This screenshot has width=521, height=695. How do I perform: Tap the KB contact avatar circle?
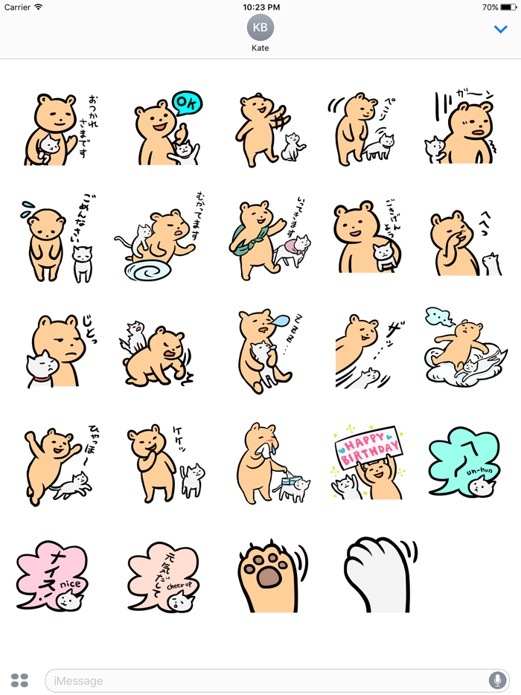[x=260, y=28]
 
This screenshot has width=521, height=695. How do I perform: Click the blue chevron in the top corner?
[x=501, y=29]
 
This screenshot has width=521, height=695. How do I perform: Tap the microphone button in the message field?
[x=496, y=680]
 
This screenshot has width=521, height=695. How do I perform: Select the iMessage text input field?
[x=260, y=680]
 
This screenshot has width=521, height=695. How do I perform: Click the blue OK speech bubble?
[x=187, y=103]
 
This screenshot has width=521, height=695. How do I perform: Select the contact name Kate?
[x=260, y=48]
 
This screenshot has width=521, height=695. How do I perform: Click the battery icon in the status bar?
[x=510, y=7]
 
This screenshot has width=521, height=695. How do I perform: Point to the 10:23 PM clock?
[x=260, y=7]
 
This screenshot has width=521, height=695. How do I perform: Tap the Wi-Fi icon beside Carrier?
[x=38, y=7]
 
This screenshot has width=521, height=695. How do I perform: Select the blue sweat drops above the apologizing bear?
[x=26, y=206]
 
